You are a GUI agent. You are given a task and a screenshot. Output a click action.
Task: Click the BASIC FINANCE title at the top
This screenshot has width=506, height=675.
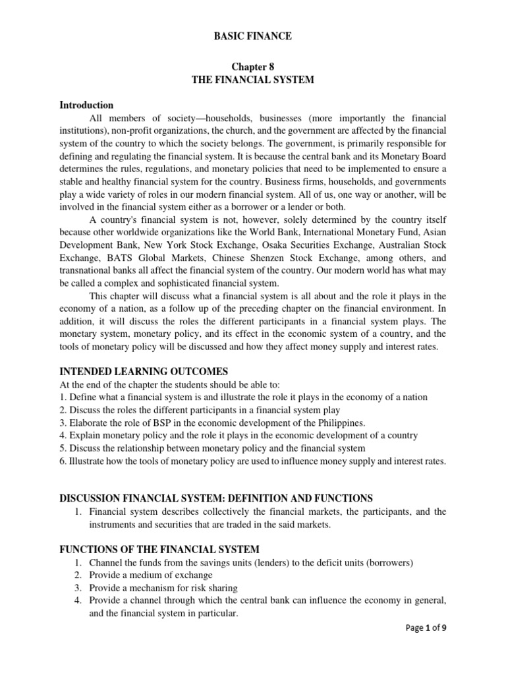252,36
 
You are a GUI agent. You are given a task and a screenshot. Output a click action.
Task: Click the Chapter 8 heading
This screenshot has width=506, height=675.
252,67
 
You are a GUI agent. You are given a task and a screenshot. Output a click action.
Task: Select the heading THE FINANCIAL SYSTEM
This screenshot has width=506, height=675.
252,80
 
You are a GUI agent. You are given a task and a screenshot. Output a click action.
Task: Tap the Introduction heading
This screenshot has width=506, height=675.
86,105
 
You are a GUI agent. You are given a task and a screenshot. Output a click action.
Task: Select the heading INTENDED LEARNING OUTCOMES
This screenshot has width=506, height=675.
144,372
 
